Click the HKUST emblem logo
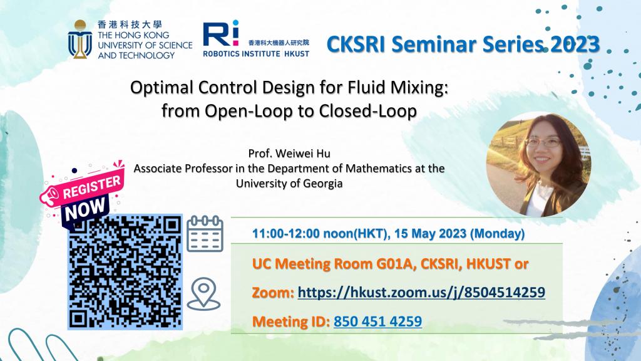click(x=80, y=39)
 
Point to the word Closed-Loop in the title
click(x=367, y=111)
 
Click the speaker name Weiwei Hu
click(x=302, y=154)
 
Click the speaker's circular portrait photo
click(x=539, y=165)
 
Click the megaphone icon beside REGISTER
click(x=50, y=196)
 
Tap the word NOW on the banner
click(x=85, y=209)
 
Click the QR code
click(x=125, y=272)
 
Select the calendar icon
click(x=205, y=234)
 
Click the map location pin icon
click(x=203, y=294)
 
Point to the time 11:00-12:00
click(x=285, y=233)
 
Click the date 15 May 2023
click(x=430, y=233)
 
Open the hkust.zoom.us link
click(x=421, y=293)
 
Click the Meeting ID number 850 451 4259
click(x=377, y=322)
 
